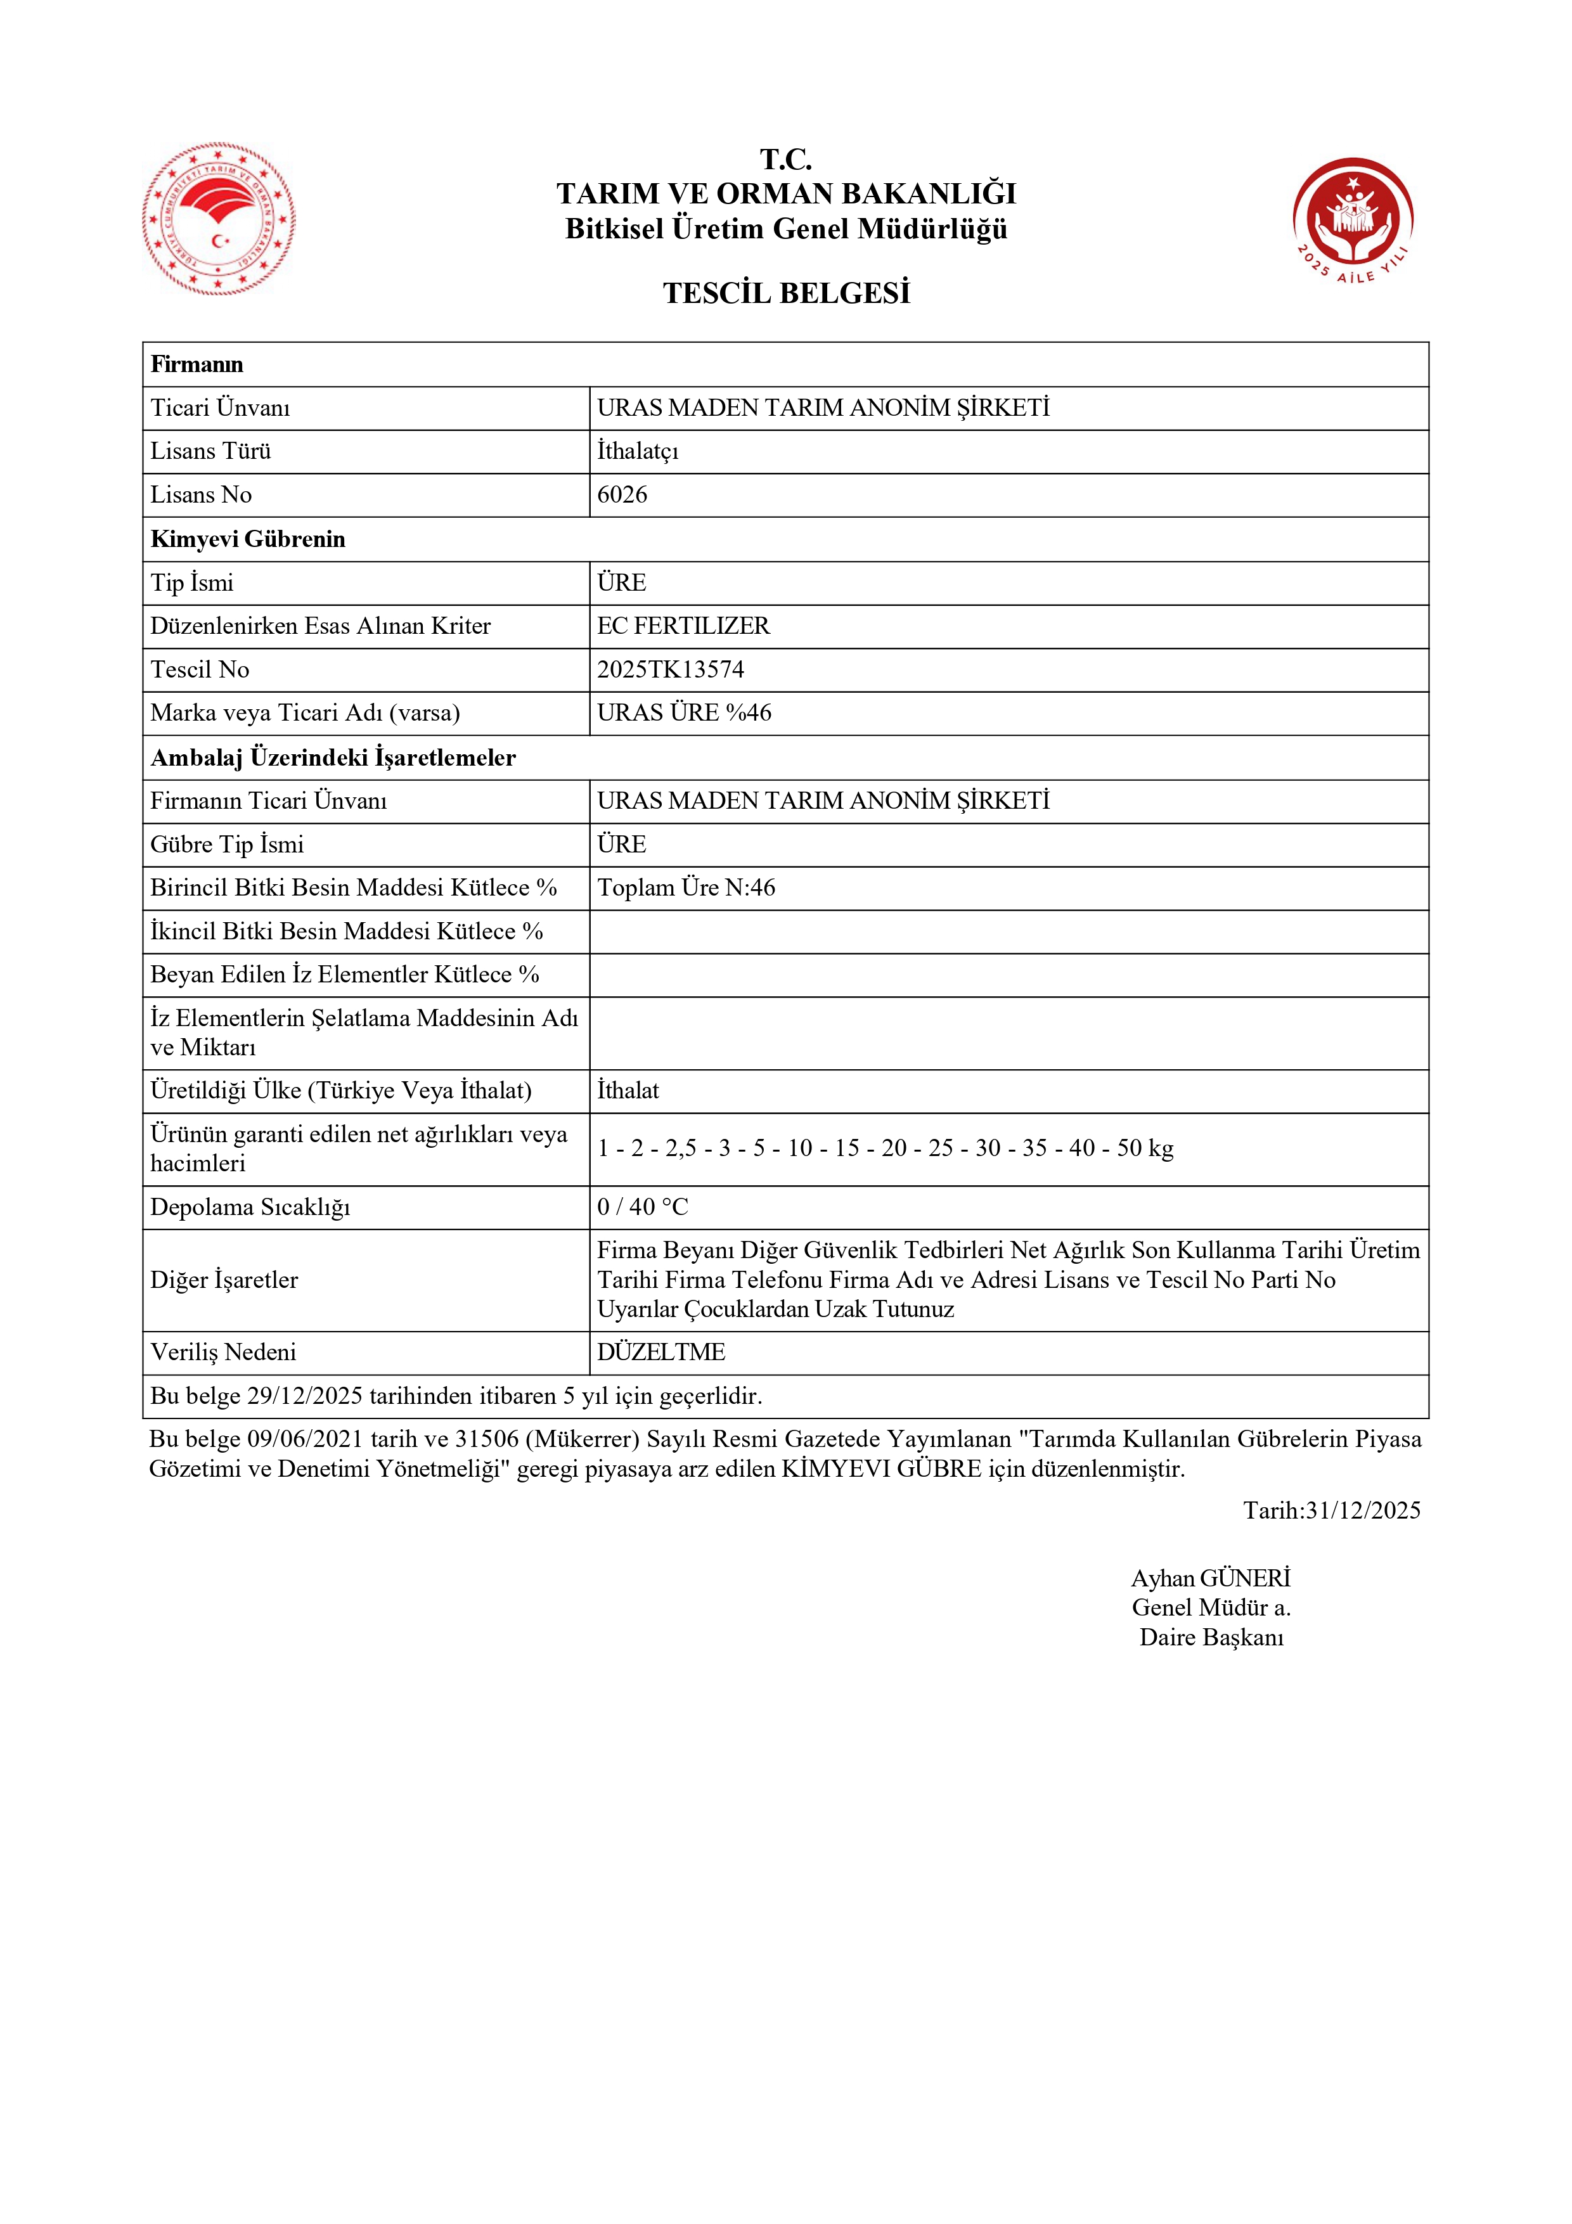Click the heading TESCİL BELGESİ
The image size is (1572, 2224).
click(x=785, y=293)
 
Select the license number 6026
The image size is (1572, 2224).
click(x=622, y=495)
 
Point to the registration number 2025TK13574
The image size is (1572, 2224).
click(x=670, y=669)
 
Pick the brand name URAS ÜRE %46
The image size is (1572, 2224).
click(x=684, y=713)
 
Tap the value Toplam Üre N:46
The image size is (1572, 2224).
click(x=686, y=887)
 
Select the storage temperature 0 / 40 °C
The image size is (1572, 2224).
click(x=642, y=1207)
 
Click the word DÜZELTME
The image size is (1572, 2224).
click(x=660, y=1353)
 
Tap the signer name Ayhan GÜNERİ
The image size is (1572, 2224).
click(x=1211, y=1578)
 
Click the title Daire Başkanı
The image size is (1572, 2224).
click(x=1211, y=1637)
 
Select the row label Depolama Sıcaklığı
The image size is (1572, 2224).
click(x=250, y=1207)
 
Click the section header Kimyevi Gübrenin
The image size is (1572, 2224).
click(x=248, y=539)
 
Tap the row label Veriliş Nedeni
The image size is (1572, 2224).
click(x=222, y=1353)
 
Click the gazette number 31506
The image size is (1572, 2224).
click(x=487, y=1439)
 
